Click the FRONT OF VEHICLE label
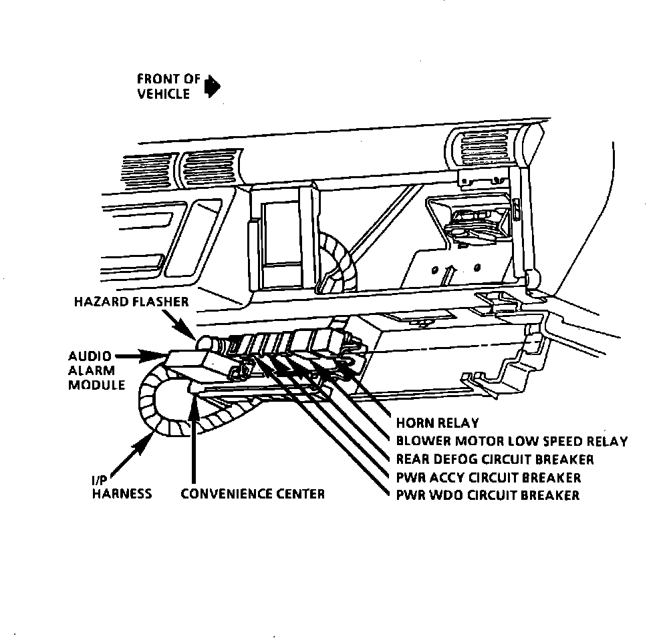pyautogui.click(x=168, y=87)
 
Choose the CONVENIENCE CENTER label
pyautogui.click(x=253, y=495)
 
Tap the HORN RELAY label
pyautogui.click(x=438, y=422)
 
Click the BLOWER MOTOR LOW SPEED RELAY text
pyautogui.click(x=512, y=441)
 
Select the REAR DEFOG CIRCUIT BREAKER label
pyautogui.click(x=495, y=459)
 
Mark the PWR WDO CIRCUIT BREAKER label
pyautogui.click(x=487, y=495)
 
